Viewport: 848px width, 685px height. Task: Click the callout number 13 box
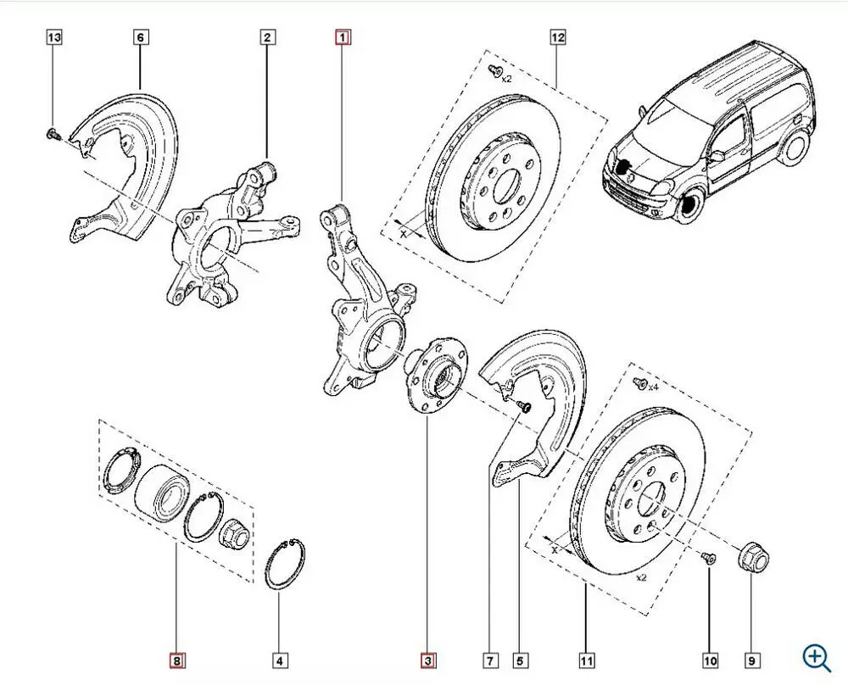coord(53,37)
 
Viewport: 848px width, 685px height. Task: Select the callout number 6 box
coord(140,37)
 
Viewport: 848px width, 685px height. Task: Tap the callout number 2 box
coord(266,37)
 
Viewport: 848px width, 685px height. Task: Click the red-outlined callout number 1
coord(343,37)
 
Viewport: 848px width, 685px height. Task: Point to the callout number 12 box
coord(557,37)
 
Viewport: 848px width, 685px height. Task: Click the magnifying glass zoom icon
coord(817,656)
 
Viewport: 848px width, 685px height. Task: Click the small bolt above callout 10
coord(710,557)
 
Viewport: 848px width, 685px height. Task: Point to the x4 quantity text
coord(653,387)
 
